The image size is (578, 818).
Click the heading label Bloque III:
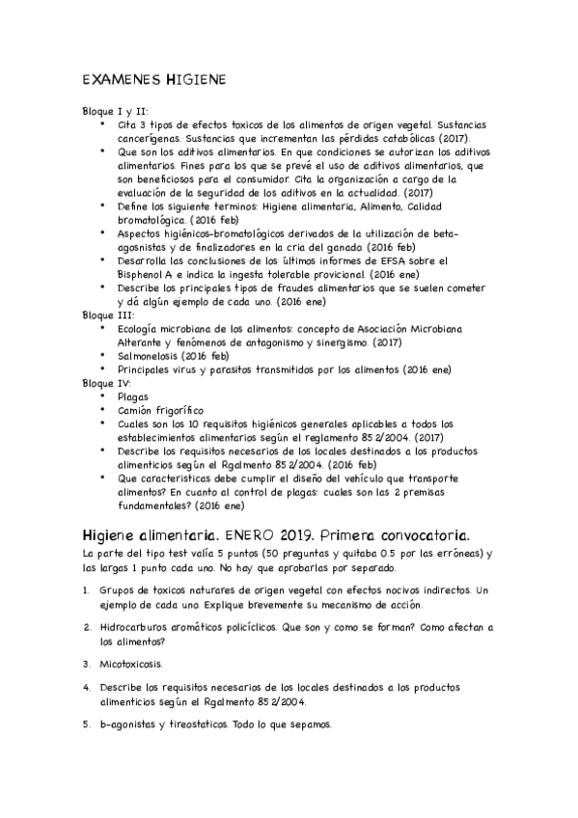(x=109, y=315)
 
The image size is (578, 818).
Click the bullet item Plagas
(x=133, y=396)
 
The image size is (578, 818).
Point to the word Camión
(x=137, y=410)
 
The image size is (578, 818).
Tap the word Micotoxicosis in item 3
(x=130, y=665)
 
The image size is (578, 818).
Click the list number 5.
(x=86, y=723)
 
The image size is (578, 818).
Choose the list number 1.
(x=86, y=589)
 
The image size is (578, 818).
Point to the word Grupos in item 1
(x=119, y=589)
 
